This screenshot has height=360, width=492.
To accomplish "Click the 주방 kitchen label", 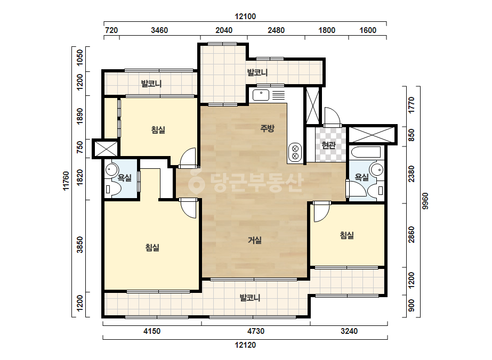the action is point(268,128).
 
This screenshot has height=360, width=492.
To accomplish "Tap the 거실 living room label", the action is point(255,240).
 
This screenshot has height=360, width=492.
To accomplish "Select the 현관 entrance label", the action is point(328,145).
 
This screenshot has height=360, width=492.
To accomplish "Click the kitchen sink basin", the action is point(261,95).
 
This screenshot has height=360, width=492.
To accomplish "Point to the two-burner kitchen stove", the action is point(295,152).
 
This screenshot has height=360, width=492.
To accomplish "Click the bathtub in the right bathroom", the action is point(366,152).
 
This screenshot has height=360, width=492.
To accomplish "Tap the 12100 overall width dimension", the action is point(245,17).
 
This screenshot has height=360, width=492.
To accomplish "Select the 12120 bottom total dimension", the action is point(245,345).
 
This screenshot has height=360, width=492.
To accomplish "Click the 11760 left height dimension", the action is point(66,181).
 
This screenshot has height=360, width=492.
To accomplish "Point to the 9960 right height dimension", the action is point(425,201).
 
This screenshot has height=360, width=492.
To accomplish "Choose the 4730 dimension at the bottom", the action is point(256,331).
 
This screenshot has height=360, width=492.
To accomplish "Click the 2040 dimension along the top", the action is point(224,30).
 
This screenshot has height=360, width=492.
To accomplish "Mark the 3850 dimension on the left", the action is point(80,244).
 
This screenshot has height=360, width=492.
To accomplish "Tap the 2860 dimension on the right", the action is point(412,234).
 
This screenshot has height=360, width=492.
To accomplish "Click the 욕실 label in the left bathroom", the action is point(125,178).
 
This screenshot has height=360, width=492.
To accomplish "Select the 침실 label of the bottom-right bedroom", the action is point(346,235).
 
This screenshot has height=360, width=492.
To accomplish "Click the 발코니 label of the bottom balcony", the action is point(250,298).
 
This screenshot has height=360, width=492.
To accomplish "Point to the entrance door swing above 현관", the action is point(332,116).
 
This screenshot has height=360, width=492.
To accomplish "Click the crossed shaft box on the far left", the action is point(106,149).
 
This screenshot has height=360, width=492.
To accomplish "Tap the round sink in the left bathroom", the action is point(110,170).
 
